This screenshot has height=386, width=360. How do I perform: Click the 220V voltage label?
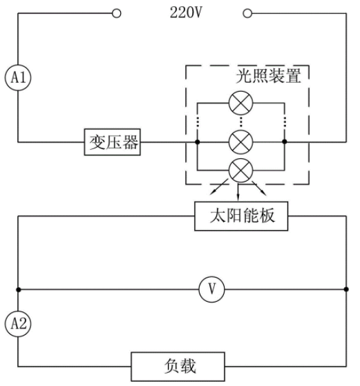pyautogui.click(x=186, y=12)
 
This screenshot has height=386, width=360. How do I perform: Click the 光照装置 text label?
pyautogui.click(x=268, y=76)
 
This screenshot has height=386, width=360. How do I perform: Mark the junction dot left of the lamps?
pyautogui.click(x=197, y=142)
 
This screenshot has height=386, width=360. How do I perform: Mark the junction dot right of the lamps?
pyautogui.click(x=285, y=142)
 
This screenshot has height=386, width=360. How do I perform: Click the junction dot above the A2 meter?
pyautogui.click(x=18, y=289)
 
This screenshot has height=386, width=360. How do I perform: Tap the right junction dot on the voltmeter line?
pyautogui.click(x=346, y=289)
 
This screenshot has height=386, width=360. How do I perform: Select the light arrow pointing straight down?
pyautogui.click(x=238, y=191)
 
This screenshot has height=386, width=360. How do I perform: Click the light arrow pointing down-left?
pyautogui.click(x=219, y=187)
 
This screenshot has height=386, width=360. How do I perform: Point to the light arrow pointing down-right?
pyautogui.click(x=259, y=189)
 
